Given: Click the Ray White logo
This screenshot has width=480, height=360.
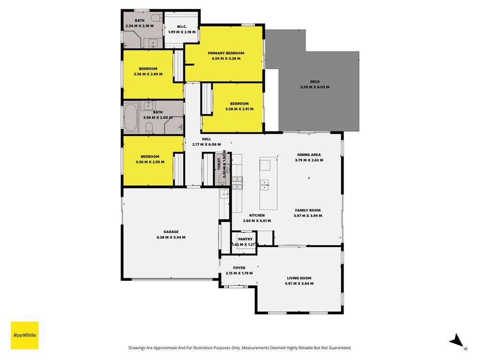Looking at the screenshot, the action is point(24,335).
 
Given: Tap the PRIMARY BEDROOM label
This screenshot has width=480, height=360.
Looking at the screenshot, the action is point(226,53).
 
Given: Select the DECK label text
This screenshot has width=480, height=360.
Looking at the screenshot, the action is point(315,82).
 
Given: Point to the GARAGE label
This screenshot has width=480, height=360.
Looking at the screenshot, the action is point(171,232).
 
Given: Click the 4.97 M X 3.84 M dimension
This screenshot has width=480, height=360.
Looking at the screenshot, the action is point(299,284).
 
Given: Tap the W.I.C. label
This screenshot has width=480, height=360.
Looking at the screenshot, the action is point(182,27).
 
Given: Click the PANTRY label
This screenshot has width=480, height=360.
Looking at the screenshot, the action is point(245,239).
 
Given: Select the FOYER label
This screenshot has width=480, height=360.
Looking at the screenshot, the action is point(239,268).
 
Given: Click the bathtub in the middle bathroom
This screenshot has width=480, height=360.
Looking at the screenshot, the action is point(131,118).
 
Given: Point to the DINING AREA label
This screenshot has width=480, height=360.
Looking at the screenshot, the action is point(309,155).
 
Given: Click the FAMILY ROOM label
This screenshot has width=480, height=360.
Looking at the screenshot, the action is point(307,210).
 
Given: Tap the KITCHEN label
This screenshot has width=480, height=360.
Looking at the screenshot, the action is point(257,216).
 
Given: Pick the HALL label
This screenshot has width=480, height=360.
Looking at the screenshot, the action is point(206,139).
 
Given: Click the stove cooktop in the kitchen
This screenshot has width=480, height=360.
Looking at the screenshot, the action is point(237,183).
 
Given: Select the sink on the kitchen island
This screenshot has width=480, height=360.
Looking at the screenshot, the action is point(264,185).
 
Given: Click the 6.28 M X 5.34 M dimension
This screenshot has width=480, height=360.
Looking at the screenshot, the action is point(171,237).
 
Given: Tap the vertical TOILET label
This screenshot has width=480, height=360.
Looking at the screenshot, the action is point(219,164).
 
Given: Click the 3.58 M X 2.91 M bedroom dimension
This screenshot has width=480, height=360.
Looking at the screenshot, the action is point(240,109).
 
